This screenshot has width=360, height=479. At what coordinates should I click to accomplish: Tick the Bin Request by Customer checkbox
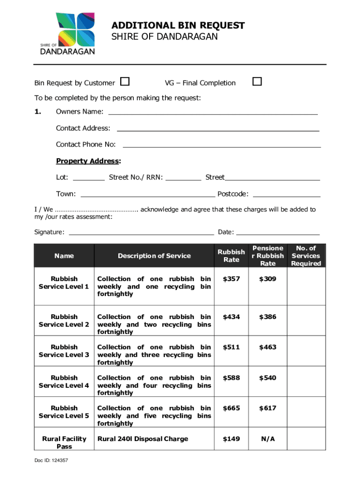click(125, 82)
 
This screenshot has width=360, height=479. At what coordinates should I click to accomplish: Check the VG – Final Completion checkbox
click(257, 82)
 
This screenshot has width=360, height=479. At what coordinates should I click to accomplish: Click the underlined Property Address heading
click(88, 161)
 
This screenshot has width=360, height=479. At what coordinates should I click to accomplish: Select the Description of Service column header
click(154, 256)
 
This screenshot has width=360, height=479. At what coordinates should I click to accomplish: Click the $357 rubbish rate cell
click(231, 279)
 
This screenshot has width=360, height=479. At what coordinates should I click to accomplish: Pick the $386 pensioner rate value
click(268, 317)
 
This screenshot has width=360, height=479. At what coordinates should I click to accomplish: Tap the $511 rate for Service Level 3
click(231, 347)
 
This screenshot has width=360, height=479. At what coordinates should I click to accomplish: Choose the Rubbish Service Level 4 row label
click(64, 382)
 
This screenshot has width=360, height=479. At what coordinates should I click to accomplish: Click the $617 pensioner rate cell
click(268, 408)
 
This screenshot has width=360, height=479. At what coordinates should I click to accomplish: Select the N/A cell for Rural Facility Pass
click(268, 439)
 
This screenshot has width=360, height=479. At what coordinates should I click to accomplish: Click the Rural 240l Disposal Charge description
click(143, 439)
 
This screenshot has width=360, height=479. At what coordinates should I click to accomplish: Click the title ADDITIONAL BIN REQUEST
click(178, 25)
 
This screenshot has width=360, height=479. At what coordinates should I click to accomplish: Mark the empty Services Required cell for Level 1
click(306, 286)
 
